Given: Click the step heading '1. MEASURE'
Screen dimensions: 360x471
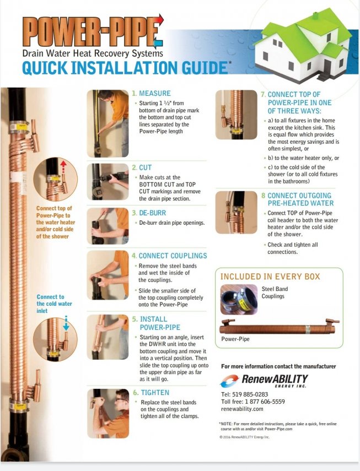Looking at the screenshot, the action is coord(151,94).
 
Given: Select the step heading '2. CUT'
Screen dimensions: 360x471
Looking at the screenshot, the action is coord(142,167).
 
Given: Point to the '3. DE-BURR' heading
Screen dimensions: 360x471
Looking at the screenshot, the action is coord(149,213).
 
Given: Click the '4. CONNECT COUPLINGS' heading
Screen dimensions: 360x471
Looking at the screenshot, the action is coord(169,256).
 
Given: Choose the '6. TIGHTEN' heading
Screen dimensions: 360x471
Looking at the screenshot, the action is coord(151,393).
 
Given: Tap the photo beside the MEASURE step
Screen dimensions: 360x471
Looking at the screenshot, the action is coord(108,123).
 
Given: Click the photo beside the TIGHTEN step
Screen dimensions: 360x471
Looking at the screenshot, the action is coord(108,413).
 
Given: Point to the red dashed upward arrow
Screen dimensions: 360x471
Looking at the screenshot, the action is coord(63,167).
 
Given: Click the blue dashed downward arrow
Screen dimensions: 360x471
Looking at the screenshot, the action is coord(66,323).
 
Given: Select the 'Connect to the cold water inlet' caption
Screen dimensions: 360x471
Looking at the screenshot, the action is coord(54,304).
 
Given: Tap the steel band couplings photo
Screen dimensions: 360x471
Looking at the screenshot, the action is coord(239,300).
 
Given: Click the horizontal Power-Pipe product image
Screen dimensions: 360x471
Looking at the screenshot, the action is coord(280,327).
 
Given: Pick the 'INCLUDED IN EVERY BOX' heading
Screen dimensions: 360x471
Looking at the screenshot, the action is coord(270,277).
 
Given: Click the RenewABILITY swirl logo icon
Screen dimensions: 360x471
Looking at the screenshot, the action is coord(229,381).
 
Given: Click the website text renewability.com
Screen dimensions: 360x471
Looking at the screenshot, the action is coord(242,409).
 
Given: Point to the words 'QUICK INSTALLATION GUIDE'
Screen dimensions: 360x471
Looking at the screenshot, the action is coord(125,68).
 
